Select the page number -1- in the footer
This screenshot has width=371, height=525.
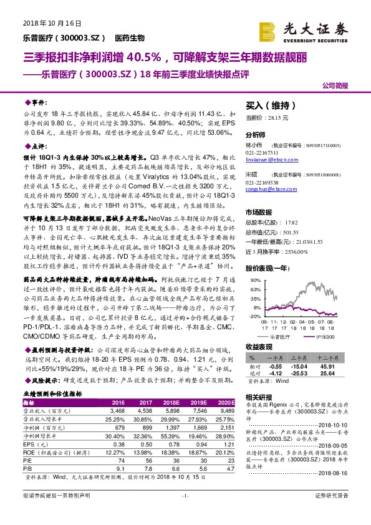coord(185,512)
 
